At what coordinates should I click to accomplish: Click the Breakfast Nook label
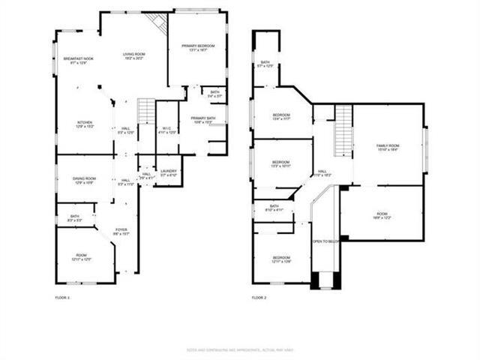coord(78,60)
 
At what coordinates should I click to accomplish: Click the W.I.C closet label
coord(167,130)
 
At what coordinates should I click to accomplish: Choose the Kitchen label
coord(85,124)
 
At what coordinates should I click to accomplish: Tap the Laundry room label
coord(169,172)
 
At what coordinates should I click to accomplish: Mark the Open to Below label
coord(326,241)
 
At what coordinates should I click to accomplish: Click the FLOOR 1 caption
coord(62,298)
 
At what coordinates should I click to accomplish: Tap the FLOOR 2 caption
coord(259,298)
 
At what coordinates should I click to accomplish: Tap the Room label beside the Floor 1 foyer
coord(82,258)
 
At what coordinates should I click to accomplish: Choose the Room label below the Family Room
coord(382,217)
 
